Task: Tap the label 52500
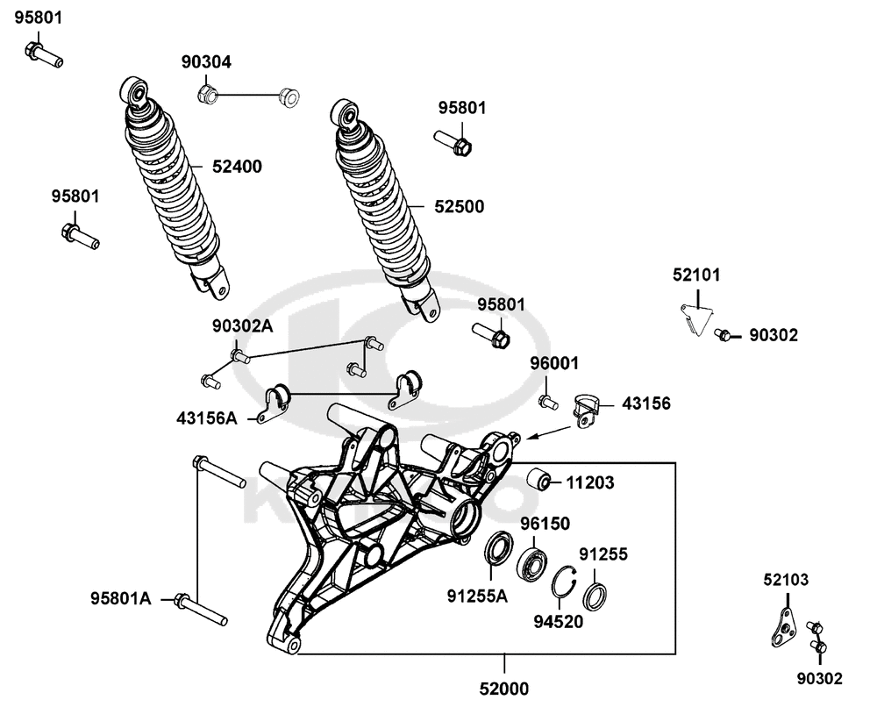click(460, 207)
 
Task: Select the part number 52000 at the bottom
click(505, 689)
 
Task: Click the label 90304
click(206, 62)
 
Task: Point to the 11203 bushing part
click(537, 481)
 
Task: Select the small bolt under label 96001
click(548, 403)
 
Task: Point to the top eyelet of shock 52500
click(346, 111)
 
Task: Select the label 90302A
click(242, 325)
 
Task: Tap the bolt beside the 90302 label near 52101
click(724, 334)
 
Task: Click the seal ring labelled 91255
click(595, 596)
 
